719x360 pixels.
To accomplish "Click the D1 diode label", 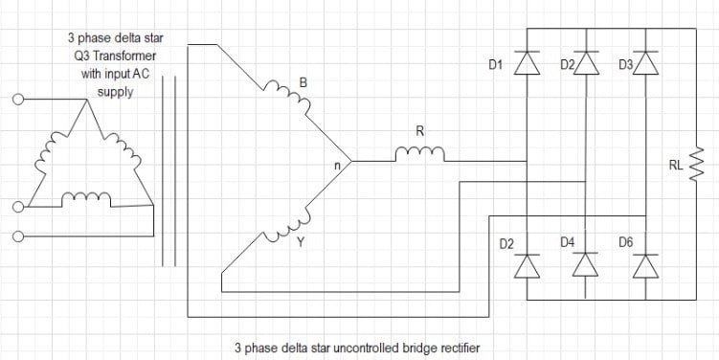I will point(496,65).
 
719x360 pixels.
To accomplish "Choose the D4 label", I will point(568,243).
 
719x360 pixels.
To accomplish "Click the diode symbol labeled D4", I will point(586,265).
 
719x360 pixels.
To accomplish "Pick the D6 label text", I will point(625,243).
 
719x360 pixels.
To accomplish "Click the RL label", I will point(676,165).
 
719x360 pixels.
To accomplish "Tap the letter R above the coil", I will point(419,130).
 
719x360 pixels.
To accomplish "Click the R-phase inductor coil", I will point(419,153).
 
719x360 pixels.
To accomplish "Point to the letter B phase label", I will point(303,83).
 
